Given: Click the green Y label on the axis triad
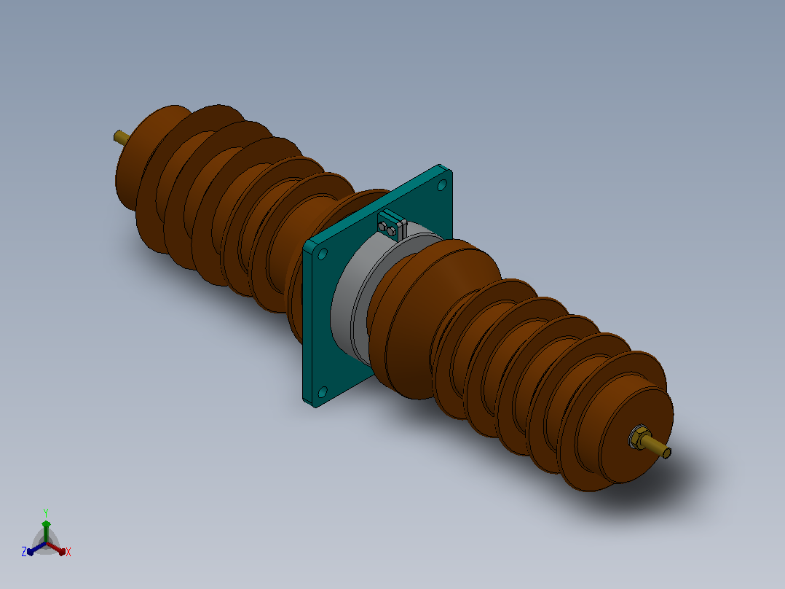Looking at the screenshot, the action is (x=46, y=512).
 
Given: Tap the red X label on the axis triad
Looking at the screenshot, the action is (x=68, y=552).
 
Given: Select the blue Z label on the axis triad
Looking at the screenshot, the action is (x=24, y=551).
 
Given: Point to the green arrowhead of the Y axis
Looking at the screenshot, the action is (x=46, y=524).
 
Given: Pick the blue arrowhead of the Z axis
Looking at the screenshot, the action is (x=31, y=551).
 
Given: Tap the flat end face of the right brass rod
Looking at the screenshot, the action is (x=667, y=453).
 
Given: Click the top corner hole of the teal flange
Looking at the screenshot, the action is (x=441, y=185).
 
